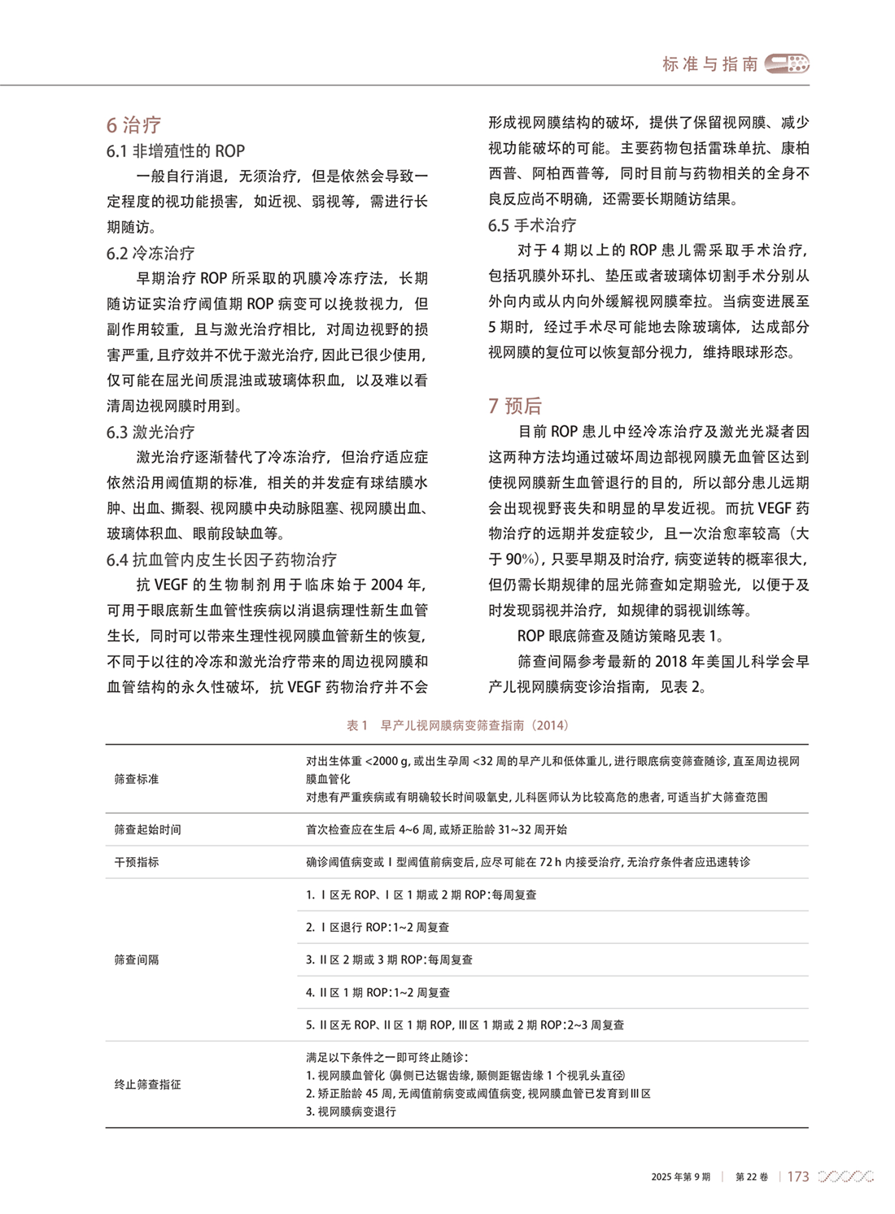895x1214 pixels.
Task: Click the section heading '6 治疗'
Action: point(133,124)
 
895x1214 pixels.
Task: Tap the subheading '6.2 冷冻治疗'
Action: point(151,253)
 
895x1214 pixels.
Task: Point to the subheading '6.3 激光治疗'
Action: point(151,432)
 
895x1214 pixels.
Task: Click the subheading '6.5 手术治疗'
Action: point(532,225)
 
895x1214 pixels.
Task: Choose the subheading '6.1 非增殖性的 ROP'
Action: point(175,151)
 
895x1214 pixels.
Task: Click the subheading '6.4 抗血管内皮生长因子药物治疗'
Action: point(221,559)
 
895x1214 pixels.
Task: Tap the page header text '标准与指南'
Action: point(710,64)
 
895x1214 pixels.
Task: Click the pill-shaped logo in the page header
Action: point(788,63)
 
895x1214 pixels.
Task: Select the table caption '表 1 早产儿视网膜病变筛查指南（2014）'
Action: point(457,725)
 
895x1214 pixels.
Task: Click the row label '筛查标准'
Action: point(137,779)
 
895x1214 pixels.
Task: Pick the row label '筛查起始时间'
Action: point(147,829)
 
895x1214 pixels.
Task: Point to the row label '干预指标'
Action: point(137,862)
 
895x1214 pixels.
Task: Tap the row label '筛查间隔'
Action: point(137,959)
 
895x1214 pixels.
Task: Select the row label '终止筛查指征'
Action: point(147,1084)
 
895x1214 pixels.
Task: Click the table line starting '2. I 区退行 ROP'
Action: point(378,927)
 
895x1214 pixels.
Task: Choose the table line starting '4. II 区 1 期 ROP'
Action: point(378,992)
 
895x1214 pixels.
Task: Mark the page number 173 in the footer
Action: point(798,1177)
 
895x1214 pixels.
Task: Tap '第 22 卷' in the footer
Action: point(752,1177)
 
